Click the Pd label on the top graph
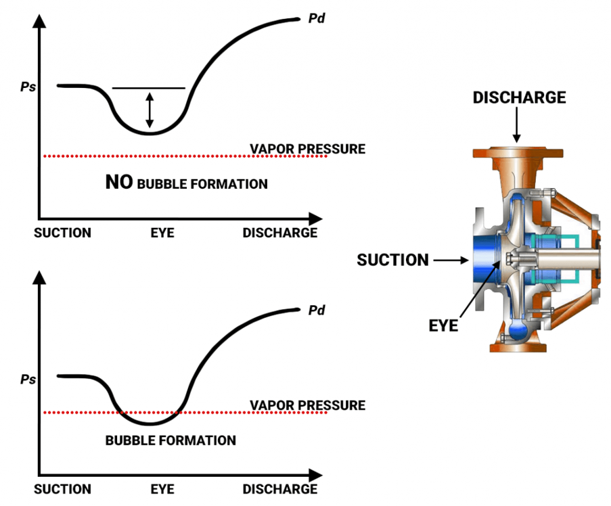click(x=317, y=18)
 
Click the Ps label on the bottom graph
click(x=28, y=379)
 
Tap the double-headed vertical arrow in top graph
click(x=150, y=110)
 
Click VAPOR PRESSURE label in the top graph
click(x=307, y=149)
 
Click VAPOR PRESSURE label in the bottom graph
click(x=307, y=405)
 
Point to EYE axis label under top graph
click(x=162, y=233)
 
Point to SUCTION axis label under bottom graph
click(x=62, y=489)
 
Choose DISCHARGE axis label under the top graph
click(x=280, y=233)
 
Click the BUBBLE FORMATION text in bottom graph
click(x=171, y=440)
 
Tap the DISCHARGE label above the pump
click(x=519, y=97)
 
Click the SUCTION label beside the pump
click(x=392, y=260)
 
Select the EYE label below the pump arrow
click(x=444, y=326)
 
